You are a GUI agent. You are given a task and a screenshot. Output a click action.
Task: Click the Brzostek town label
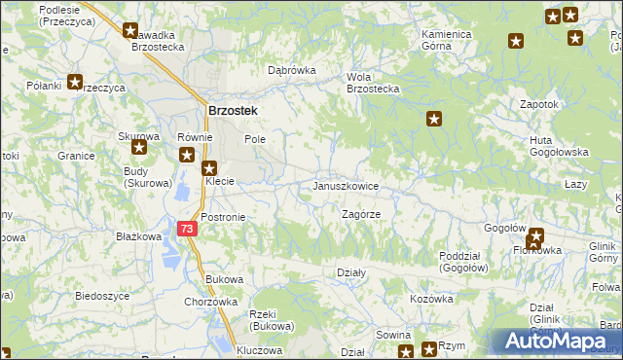click(x=233, y=111)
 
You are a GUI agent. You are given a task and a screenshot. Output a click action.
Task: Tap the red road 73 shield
click(x=188, y=229)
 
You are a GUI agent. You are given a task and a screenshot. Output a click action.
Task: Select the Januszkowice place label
click(x=346, y=186)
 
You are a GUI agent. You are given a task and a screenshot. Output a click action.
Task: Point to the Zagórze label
click(x=360, y=214)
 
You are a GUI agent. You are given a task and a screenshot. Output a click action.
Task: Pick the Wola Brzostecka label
click(x=374, y=83)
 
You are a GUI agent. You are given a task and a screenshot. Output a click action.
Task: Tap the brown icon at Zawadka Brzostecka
click(x=130, y=30)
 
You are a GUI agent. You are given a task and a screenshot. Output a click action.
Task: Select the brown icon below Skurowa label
click(x=139, y=149)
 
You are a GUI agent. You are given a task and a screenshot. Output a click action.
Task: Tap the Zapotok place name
click(x=538, y=104)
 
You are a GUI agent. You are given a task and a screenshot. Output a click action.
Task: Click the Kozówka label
click(x=431, y=299)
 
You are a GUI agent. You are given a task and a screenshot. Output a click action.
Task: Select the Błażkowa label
click(x=138, y=236)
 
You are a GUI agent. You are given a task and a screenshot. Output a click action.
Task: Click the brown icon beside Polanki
click(x=74, y=83)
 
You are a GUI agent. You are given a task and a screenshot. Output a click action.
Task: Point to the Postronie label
click(x=223, y=217)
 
